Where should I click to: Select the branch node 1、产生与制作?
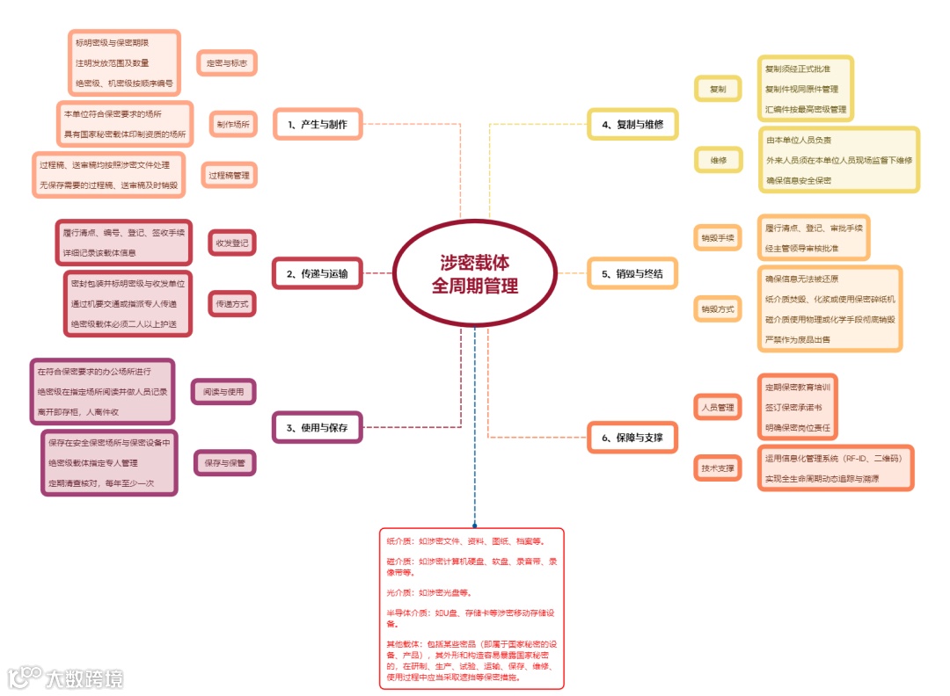[317, 125]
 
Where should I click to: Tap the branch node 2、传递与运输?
[317, 274]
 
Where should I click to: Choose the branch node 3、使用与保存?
[317, 428]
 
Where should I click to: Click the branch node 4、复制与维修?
[632, 125]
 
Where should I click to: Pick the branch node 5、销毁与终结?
[632, 274]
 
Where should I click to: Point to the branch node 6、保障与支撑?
[632, 437]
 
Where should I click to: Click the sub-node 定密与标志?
[227, 63]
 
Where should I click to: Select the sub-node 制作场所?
[233, 125]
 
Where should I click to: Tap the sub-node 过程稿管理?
[229, 175]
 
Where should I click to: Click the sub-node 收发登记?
[232, 243]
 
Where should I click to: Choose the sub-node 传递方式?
[232, 304]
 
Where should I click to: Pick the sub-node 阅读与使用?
[223, 391]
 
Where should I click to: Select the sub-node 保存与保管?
[224, 462]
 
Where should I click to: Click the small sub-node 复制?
[718, 90]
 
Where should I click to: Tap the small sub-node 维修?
[718, 160]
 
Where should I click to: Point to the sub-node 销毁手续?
[717, 238]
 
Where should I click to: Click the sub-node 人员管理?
[717, 408]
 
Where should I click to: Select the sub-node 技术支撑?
[717, 468]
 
